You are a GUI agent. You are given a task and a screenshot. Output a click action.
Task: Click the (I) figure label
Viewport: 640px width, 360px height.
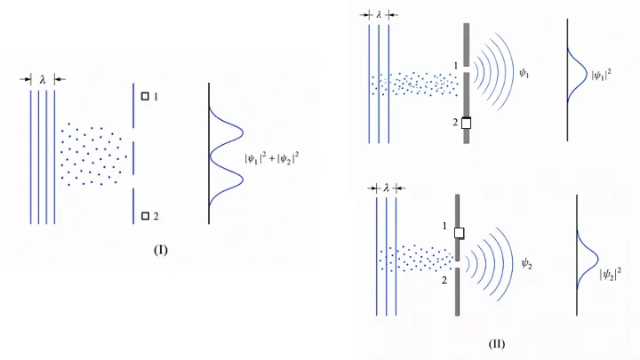tap(160, 250)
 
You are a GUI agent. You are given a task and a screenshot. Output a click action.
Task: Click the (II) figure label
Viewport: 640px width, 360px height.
tap(496, 344)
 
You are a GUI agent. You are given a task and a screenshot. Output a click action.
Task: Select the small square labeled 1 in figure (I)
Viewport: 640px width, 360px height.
tap(145, 96)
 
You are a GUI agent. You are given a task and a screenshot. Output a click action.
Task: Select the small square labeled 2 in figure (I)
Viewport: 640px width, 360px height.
tap(145, 216)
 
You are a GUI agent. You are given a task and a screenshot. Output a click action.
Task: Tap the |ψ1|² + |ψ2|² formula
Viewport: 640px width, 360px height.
tap(271, 158)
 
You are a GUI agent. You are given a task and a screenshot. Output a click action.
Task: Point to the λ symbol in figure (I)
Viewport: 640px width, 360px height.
tap(43, 80)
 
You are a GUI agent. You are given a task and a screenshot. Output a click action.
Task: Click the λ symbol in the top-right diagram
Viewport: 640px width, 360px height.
tap(379, 15)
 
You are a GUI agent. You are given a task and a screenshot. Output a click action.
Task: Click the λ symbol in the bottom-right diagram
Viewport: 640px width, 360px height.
tap(386, 188)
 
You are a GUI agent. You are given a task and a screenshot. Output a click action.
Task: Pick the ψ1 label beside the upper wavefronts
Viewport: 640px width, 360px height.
tap(524, 73)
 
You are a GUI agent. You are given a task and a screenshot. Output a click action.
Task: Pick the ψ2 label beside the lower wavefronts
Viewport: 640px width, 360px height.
tap(526, 263)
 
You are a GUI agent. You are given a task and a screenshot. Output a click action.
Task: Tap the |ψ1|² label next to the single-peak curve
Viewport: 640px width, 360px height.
tap(601, 75)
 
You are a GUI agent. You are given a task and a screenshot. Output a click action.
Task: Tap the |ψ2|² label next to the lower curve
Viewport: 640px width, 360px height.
tap(610, 274)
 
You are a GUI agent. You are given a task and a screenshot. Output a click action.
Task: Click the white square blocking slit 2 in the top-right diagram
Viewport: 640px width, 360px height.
tap(466, 123)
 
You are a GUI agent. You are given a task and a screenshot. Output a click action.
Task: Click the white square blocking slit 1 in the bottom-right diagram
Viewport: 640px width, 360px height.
tap(460, 233)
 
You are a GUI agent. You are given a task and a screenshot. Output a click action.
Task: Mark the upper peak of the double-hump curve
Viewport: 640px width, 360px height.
tap(244, 132)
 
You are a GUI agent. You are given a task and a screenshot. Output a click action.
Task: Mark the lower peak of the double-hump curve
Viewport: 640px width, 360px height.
tap(244, 180)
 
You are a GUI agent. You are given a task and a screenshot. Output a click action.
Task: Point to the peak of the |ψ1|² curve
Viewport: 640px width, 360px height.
tap(588, 75)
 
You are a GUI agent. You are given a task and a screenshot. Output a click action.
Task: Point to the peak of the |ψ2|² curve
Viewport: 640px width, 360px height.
tap(598, 259)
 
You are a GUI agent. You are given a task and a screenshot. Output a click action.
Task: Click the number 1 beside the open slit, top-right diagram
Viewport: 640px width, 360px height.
tap(455, 65)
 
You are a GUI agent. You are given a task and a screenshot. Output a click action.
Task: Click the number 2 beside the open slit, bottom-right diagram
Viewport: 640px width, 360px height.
tap(444, 280)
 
